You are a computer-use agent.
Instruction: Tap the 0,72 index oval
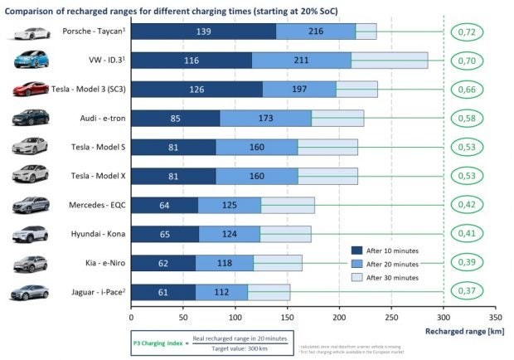pyautogui.click(x=468, y=32)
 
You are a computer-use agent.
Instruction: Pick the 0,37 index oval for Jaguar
pyautogui.click(x=468, y=292)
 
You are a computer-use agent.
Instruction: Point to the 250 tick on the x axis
pyautogui.click(x=391, y=316)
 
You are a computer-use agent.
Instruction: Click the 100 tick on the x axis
pyautogui.click(x=235, y=316)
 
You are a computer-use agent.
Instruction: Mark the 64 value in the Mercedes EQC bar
pyautogui.click(x=164, y=205)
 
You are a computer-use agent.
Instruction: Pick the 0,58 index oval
pyautogui.click(x=468, y=118)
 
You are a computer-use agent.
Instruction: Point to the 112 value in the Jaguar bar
pyautogui.click(x=221, y=292)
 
